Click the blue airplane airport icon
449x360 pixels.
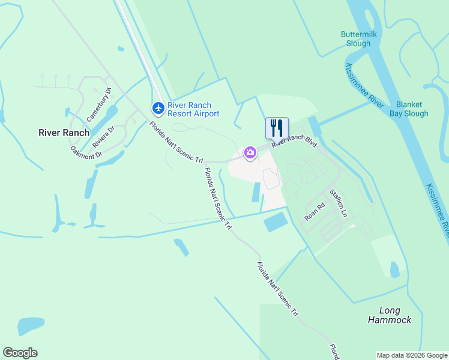(x=158, y=108)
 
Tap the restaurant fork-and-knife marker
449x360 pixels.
(x=277, y=128)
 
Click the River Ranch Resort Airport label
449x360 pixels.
(x=193, y=109)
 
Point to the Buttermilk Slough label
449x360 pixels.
(x=359, y=39)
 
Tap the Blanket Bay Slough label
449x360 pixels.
(x=408, y=109)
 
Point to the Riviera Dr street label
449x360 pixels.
(x=103, y=136)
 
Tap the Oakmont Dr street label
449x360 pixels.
(x=86, y=152)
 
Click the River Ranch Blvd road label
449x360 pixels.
(x=294, y=140)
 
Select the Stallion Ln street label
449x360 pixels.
(x=337, y=203)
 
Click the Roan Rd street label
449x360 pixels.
(x=315, y=211)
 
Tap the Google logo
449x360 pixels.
(x=20, y=352)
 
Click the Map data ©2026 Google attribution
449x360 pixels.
(x=412, y=355)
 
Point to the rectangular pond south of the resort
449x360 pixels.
(x=276, y=223)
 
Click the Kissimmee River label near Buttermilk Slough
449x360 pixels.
(x=364, y=85)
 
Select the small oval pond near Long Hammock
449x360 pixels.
(x=394, y=269)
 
